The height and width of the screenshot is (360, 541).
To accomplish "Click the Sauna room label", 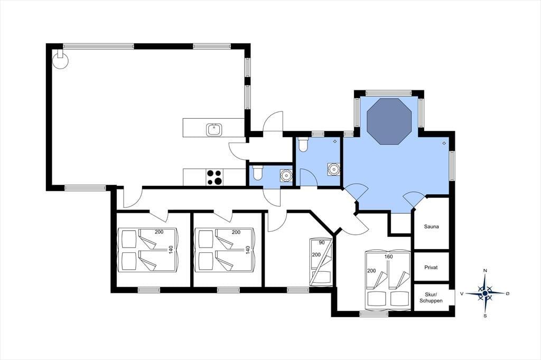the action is (431, 226).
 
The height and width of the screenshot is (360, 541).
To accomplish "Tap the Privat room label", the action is (431, 267).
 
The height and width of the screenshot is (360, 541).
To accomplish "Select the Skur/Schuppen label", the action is (431, 298).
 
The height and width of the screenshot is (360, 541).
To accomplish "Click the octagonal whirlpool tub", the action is (389, 121).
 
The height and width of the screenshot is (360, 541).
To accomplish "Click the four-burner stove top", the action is (214, 177).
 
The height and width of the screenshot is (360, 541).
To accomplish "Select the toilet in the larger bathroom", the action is (303, 145).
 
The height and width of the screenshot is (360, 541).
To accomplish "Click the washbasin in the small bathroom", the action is (286, 175).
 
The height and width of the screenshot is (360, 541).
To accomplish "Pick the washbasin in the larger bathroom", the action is (333, 169).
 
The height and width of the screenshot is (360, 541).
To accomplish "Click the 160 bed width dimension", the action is (388, 257).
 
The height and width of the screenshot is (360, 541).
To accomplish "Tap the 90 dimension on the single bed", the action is (322, 242).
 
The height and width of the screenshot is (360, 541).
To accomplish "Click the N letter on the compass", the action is (485, 271).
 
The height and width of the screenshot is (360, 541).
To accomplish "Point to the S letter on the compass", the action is (485, 316).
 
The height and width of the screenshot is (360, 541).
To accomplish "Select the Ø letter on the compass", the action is (507, 293).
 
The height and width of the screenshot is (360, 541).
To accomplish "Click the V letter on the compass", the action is (461, 293).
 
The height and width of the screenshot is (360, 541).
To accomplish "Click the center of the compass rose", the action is (485, 293).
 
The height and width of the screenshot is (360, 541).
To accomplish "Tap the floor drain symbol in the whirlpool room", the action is (444, 143).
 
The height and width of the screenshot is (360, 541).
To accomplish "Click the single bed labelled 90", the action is (321, 262).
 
